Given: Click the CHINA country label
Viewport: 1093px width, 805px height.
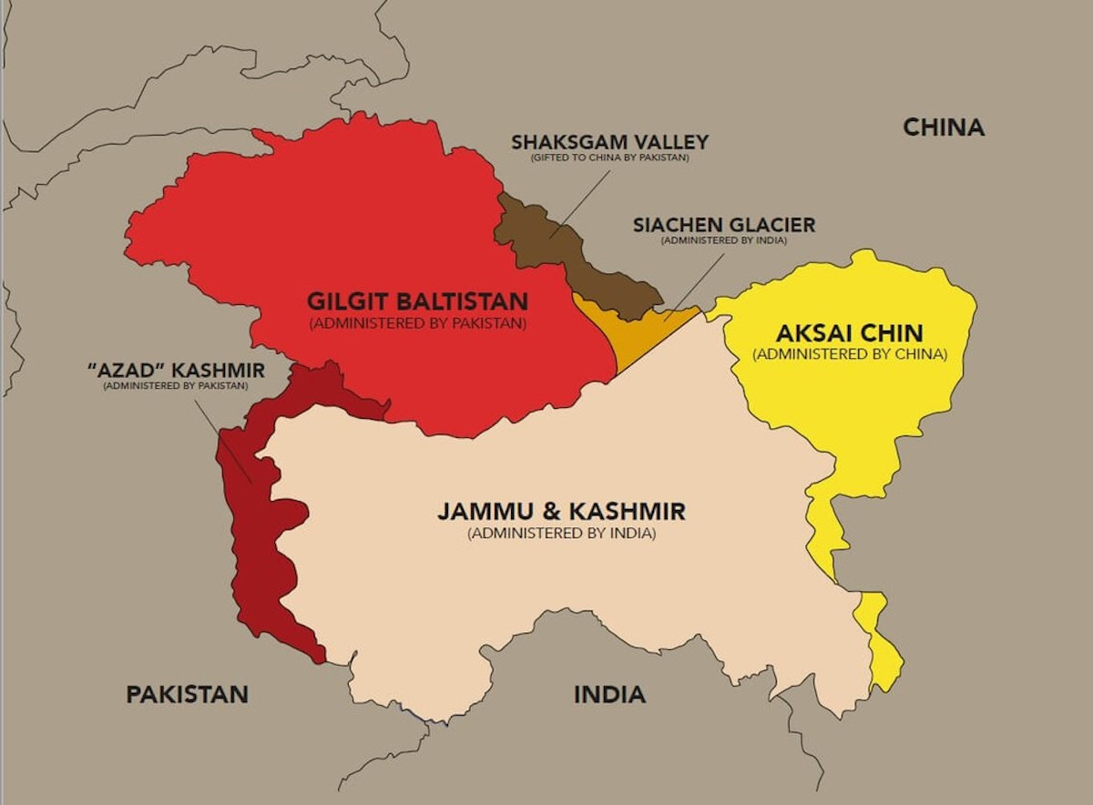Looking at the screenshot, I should (943, 127).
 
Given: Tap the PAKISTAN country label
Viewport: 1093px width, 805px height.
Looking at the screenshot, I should (187, 695).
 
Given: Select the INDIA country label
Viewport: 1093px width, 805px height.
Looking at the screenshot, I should (609, 695).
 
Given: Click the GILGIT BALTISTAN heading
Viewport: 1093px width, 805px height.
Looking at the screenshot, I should (417, 301).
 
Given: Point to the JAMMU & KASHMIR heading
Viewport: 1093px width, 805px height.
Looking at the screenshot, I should (561, 511).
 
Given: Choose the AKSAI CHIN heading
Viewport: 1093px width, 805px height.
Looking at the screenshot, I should (849, 332).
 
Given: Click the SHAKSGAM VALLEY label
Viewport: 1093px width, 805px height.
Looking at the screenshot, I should (609, 143).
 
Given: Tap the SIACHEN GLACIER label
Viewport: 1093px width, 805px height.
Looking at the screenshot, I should (724, 225).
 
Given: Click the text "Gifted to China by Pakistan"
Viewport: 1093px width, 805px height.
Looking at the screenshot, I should (609, 158).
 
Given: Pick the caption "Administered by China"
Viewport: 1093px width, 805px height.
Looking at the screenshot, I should (849, 354).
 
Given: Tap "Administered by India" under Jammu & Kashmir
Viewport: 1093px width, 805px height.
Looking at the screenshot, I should (561, 534).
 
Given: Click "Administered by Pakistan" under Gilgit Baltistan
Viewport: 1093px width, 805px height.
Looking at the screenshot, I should (417, 323).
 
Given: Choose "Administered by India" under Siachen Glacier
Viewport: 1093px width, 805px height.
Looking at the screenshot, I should (724, 240).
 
